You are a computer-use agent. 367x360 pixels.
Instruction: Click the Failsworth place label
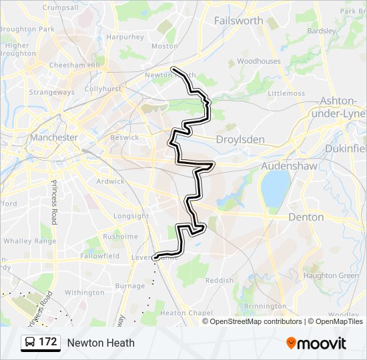click(238, 21)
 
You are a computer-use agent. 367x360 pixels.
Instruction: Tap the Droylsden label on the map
click(240, 140)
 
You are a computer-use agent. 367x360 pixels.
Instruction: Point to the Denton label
click(306, 217)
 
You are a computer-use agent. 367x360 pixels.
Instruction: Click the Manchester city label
click(54, 137)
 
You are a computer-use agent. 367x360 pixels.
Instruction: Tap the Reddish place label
click(220, 281)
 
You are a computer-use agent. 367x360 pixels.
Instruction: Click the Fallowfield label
click(99, 256)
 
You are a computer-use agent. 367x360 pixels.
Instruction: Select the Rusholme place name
click(120, 236)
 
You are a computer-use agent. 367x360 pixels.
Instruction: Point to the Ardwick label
click(110, 181)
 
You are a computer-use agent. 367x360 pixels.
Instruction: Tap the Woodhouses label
click(259, 61)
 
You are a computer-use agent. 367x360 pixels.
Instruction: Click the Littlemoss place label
click(286, 93)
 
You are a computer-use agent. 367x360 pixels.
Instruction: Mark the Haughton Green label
click(331, 275)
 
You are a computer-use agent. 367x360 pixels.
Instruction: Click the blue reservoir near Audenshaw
click(275, 187)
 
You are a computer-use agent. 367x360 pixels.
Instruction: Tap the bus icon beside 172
click(31, 343)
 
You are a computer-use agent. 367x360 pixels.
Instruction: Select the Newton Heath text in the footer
click(101, 343)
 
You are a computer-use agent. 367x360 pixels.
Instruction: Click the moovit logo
click(316, 343)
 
